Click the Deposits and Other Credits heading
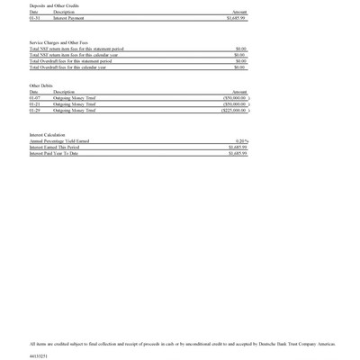click(53, 5)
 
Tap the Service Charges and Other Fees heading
click(58, 42)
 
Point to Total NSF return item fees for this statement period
click(76, 49)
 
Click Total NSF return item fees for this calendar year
click(74, 55)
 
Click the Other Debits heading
click(41, 85)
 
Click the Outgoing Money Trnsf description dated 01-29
click(74, 110)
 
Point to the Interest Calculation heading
click(48, 134)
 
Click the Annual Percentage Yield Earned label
click(59, 141)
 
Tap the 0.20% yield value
click(240, 141)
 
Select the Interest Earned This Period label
click(54, 148)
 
